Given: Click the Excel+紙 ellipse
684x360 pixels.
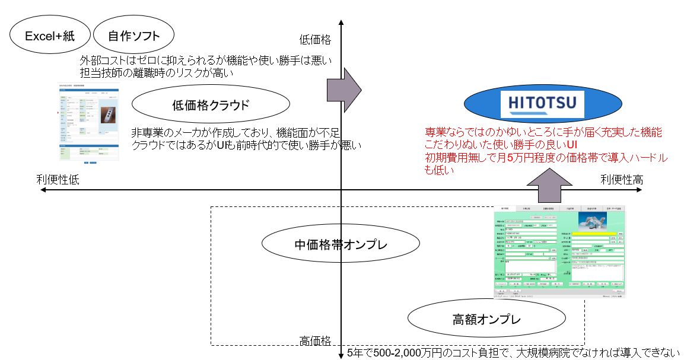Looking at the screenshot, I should pos(50,36).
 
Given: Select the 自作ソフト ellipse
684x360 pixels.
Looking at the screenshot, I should pos(134,36).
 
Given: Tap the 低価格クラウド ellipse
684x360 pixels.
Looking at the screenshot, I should pos(211,105).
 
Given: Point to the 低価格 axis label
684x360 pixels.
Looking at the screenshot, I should pos(315,40).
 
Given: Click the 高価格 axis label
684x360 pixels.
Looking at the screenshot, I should pos(315,341).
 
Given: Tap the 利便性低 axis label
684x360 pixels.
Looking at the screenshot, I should pos(58,180).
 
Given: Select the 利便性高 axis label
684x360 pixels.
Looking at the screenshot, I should pos(622,180).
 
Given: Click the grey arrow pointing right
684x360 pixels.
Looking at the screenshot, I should pos(344,90).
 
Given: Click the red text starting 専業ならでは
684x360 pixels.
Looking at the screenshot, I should pos(543,132).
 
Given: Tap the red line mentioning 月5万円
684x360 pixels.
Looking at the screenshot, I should pos(546,158).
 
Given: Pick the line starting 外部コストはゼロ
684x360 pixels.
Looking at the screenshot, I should pos(206,61).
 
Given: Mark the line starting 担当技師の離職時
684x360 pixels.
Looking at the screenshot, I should pos(155,74).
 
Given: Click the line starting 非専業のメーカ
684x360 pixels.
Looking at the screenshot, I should pos(235,133).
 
